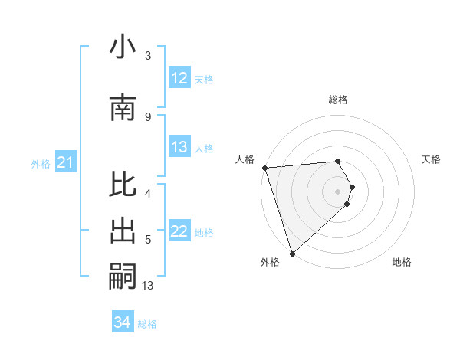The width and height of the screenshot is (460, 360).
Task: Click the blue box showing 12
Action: (x=179, y=78)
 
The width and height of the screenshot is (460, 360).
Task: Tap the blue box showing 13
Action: (x=179, y=148)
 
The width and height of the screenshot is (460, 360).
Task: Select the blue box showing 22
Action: (x=179, y=232)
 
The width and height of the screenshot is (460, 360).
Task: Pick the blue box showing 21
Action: (x=66, y=162)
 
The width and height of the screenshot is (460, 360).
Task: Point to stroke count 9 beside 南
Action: (x=148, y=116)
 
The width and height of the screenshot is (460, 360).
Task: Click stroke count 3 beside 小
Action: (x=148, y=56)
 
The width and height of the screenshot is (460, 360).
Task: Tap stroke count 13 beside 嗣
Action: (x=148, y=286)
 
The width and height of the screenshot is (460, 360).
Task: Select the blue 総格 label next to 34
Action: (x=147, y=324)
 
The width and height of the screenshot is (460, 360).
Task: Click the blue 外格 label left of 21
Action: (x=41, y=164)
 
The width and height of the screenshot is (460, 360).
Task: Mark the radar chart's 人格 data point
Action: (x=264, y=168)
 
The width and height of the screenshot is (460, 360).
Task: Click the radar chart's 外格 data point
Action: (x=292, y=253)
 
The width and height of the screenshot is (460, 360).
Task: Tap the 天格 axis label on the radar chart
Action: (x=431, y=159)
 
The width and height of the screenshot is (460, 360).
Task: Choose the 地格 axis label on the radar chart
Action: (x=402, y=262)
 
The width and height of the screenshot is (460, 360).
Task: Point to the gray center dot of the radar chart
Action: (x=337, y=191)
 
